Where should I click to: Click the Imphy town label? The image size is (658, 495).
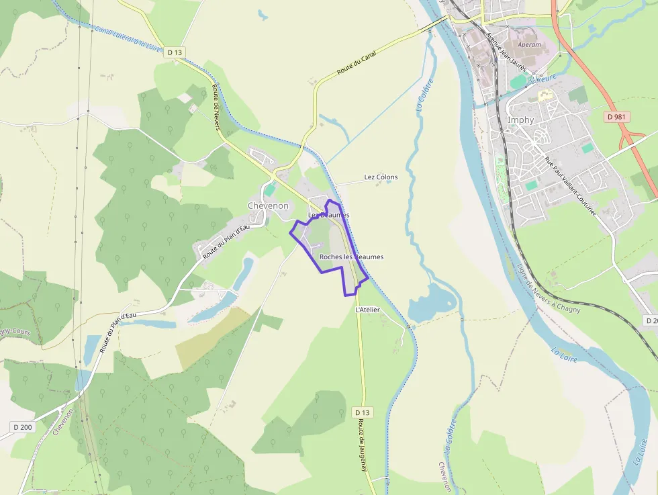521,120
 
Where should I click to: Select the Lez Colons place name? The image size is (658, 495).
381,177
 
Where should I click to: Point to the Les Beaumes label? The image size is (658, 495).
328,215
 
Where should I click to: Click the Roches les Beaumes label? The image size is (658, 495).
351,257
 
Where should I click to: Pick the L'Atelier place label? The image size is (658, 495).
367,310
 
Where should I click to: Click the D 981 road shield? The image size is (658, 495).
618,117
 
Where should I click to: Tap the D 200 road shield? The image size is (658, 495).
23,427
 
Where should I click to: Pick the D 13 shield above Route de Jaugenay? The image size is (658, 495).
361,412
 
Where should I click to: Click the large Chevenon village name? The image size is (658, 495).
268,206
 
